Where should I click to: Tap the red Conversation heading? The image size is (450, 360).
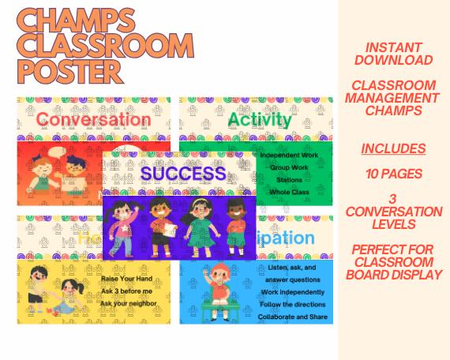tap(93, 120)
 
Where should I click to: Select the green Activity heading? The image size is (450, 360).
tap(260, 119)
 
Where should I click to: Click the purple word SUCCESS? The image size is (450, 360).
tap(183, 173)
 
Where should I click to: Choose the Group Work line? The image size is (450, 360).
tap(289, 167)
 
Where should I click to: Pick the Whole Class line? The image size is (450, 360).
tap(289, 193)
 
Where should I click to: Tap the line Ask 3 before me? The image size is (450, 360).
tap(127, 291)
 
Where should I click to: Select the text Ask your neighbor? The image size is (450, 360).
tap(129, 304)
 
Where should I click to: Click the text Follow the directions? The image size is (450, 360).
tap(293, 304)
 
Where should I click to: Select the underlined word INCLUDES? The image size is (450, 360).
tap(393, 148)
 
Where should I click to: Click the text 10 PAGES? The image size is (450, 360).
tap(393, 174)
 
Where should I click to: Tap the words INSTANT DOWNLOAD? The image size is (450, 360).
tap(393, 54)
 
